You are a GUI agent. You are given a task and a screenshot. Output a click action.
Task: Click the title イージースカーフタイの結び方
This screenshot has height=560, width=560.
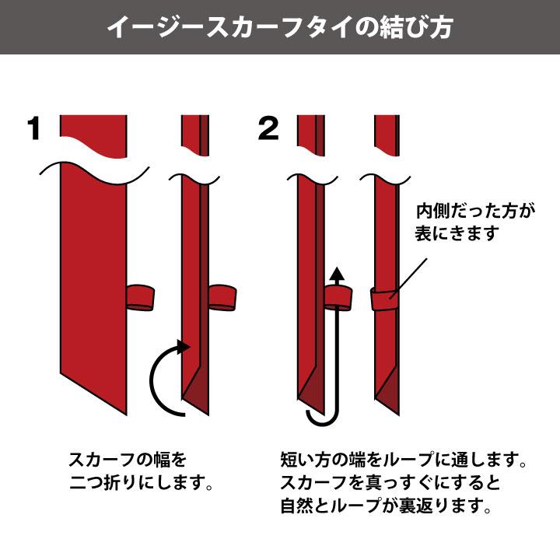pos(280,27)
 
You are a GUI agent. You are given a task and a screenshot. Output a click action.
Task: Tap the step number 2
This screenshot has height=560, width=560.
pos(268,129)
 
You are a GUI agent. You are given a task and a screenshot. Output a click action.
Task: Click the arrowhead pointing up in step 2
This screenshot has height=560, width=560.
pos(336,273)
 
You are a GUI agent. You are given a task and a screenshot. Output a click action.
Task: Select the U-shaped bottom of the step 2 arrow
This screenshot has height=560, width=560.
pos(321,420)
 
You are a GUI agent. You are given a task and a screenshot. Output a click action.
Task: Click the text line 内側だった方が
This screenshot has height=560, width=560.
pos(464,210)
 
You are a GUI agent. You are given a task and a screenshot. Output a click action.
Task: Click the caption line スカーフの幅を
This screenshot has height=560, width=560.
pos(128,460)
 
